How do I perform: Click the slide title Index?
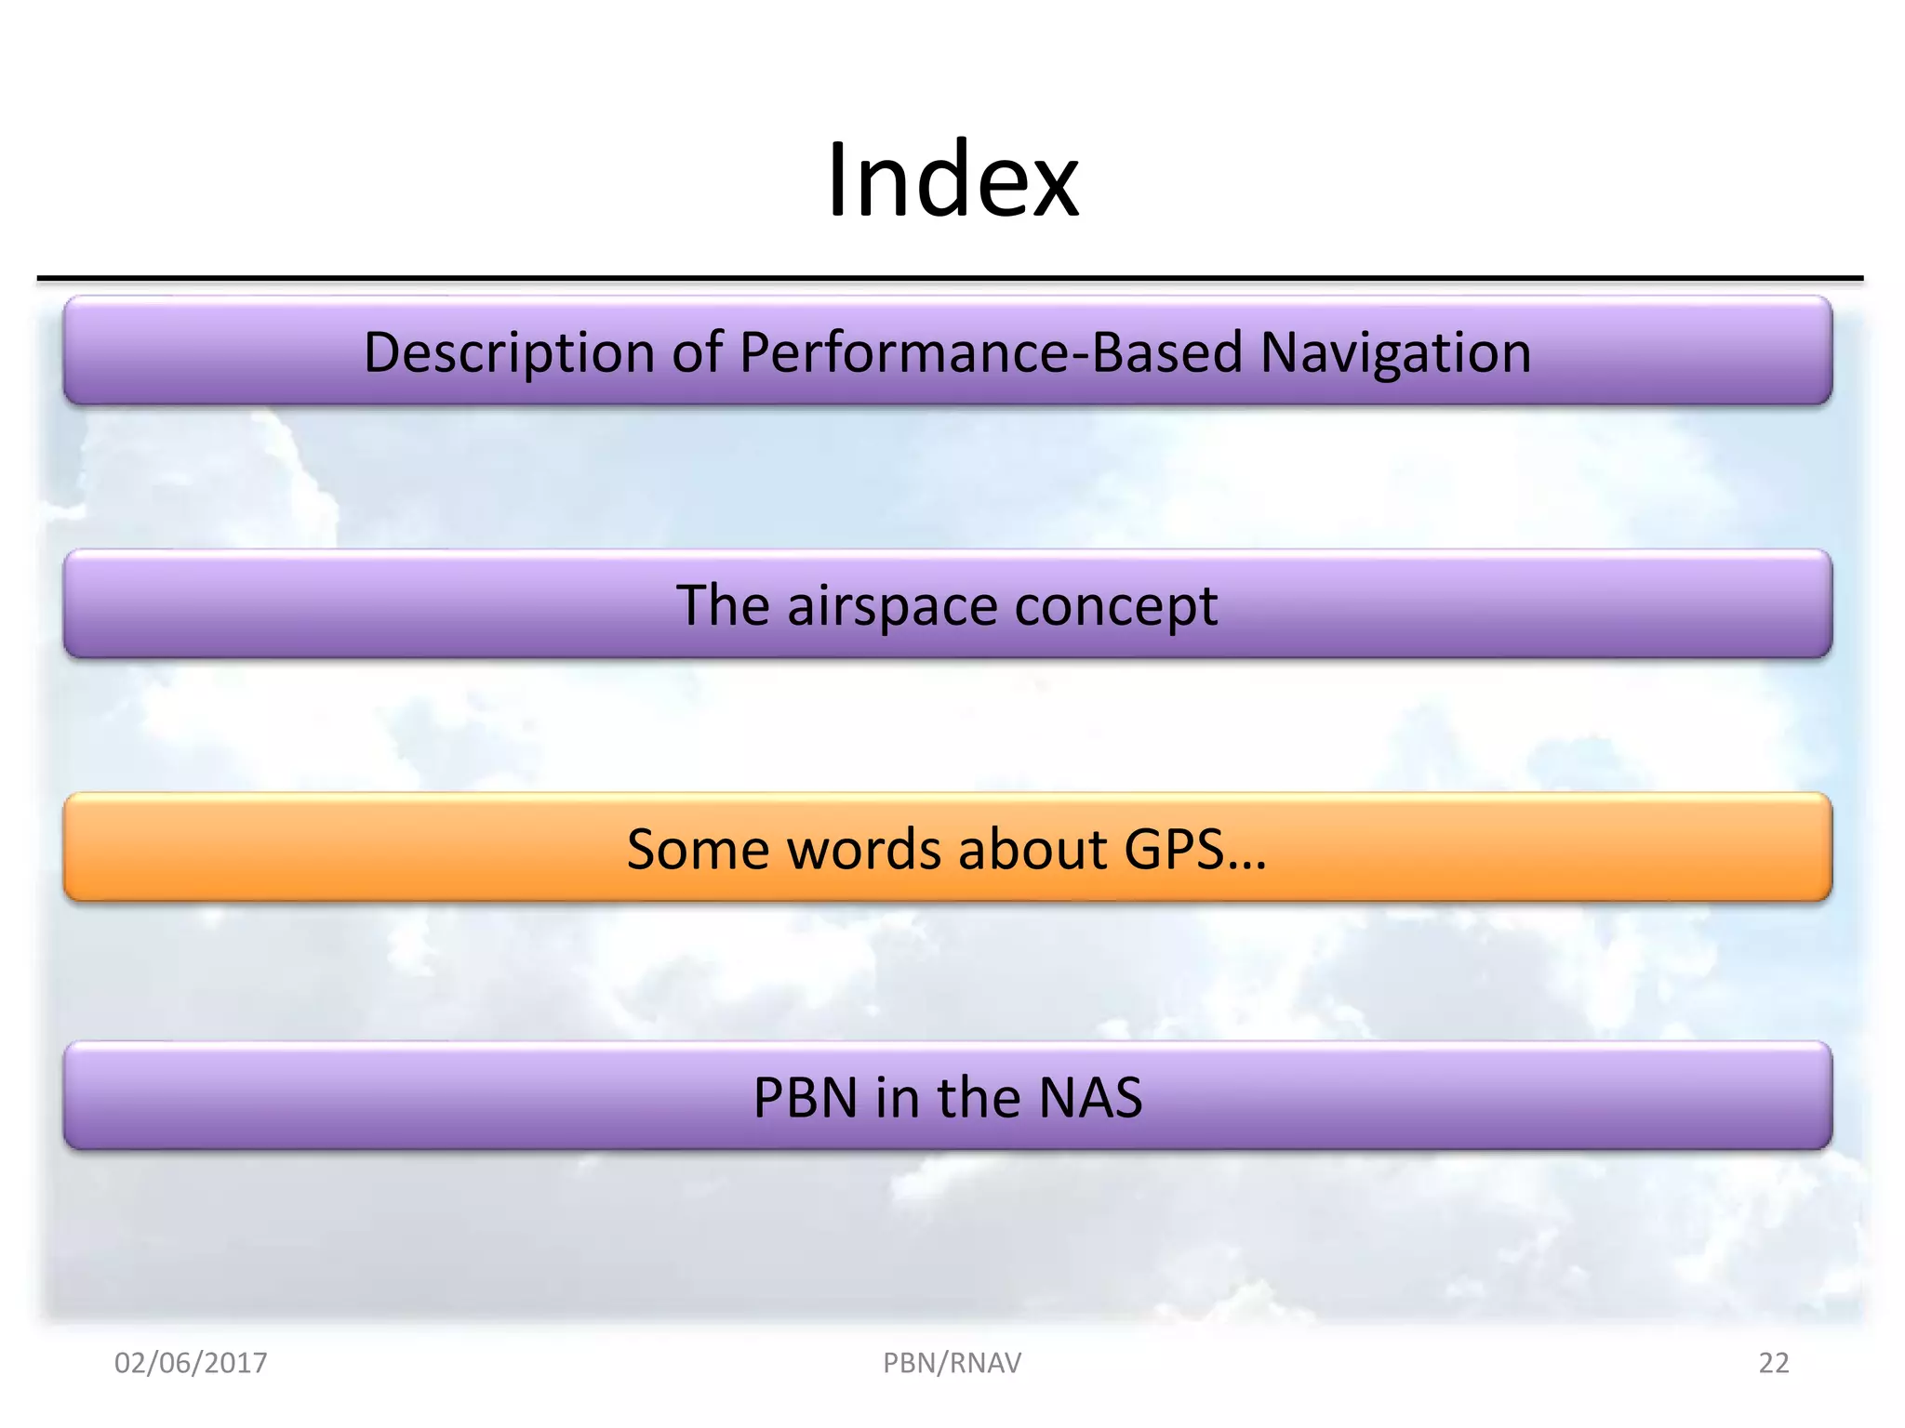952,179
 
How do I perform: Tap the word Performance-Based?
992,352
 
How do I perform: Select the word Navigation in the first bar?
1395,352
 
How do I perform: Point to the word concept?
1115,607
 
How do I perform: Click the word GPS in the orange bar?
1172,849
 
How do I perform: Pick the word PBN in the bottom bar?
806,1098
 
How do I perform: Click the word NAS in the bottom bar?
1089,1098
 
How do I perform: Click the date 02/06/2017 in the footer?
191,1363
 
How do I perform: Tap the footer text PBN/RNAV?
952,1363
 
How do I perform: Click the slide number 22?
1773,1363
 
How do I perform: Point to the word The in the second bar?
723,605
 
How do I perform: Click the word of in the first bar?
698,352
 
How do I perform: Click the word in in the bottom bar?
894,1098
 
